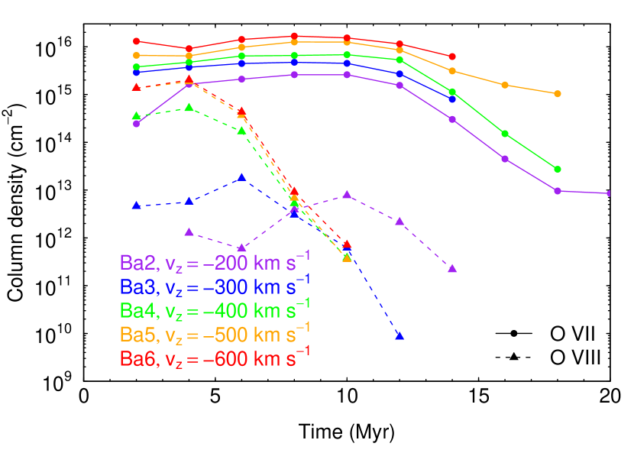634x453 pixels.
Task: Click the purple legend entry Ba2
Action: (215, 262)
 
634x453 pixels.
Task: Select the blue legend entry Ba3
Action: (215, 286)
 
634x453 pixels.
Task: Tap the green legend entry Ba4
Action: (215, 310)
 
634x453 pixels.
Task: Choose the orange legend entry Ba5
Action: (215, 334)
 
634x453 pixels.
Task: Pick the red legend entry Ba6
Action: (215, 358)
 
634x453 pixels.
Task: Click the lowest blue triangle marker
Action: (399, 335)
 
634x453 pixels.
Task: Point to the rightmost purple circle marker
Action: (609, 193)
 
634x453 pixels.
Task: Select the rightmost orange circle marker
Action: (558, 93)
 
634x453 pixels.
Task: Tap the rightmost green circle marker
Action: (558, 169)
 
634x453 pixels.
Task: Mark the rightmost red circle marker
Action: (452, 57)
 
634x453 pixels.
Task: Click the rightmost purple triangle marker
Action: (452, 268)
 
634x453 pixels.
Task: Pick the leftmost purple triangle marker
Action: (189, 231)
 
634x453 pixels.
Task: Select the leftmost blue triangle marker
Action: (136, 205)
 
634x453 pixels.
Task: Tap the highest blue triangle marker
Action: (241, 177)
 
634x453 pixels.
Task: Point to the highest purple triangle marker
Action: (347, 195)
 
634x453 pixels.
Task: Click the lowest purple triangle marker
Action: (452, 268)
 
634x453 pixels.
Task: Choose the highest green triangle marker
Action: (189, 107)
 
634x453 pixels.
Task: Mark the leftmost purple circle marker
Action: (136, 124)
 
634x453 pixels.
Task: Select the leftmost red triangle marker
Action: (136, 87)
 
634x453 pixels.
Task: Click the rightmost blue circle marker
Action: (452, 99)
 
